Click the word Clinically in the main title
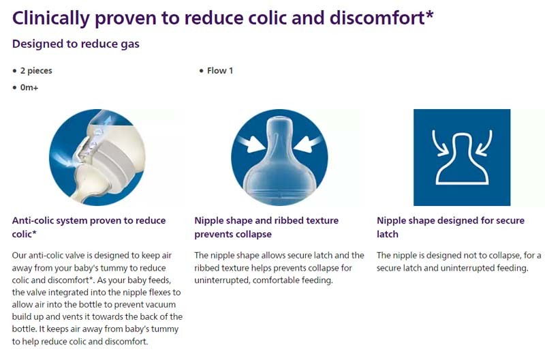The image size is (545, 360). (50, 18)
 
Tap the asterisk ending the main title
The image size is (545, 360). (430, 14)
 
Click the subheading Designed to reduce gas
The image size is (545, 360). (76, 44)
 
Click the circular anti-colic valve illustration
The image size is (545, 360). (97, 157)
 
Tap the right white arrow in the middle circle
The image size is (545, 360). (308, 143)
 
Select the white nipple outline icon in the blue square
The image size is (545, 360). (462, 158)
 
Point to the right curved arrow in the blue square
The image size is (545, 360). (484, 143)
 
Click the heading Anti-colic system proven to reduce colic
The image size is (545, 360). (89, 227)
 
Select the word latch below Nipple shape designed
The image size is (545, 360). (388, 234)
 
